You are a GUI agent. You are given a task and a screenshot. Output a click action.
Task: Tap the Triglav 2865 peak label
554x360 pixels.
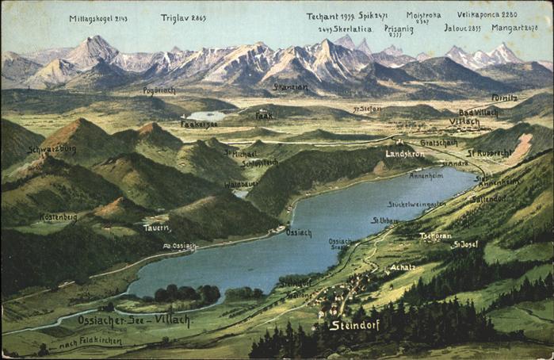tap(183, 17)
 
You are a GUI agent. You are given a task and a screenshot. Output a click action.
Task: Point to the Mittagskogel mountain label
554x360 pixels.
tap(97, 18)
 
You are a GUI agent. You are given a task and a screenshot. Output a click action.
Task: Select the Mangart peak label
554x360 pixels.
tap(515, 28)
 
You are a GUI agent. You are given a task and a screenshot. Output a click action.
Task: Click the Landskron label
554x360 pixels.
tap(404, 154)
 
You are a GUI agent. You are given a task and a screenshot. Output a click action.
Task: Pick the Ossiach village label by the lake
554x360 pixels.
tap(299, 233)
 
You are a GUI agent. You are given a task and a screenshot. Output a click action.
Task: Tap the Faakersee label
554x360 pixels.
tap(198, 124)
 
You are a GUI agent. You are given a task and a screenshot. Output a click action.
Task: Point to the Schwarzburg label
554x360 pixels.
tap(52, 149)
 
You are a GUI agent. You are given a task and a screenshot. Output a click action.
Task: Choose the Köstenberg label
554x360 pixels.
tap(59, 216)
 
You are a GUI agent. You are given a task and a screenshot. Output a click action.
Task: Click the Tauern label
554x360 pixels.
tap(156, 228)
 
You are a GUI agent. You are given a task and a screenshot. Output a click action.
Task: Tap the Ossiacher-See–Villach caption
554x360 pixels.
tap(134, 320)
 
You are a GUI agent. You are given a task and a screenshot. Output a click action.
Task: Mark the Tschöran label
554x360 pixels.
tap(435, 236)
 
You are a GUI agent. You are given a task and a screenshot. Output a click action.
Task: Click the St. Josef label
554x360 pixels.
tap(465, 244)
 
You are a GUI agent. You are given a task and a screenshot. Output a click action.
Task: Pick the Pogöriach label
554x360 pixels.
tap(159, 90)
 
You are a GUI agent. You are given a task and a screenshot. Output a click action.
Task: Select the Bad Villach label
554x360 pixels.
tap(479, 113)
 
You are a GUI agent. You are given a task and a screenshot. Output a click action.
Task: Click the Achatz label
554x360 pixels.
tap(402, 267)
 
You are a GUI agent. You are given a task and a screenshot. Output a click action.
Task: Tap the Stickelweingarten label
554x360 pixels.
tap(416, 204)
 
